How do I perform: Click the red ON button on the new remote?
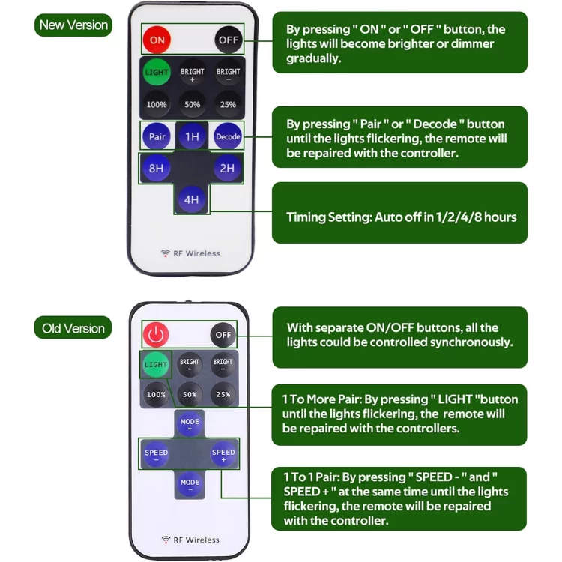157,40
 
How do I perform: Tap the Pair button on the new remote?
157,136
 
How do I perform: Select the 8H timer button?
156,169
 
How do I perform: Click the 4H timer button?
192,199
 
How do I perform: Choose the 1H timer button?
192,136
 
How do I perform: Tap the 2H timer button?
227,169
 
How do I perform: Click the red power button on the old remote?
157,334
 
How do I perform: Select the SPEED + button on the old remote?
223,453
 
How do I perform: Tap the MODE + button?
190,423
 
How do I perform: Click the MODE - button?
190,483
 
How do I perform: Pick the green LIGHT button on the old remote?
156,365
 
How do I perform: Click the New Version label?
73,25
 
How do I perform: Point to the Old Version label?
73,328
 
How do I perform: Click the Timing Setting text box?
399,217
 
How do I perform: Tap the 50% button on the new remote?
192,104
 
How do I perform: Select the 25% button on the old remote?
223,394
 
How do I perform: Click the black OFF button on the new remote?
228,40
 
